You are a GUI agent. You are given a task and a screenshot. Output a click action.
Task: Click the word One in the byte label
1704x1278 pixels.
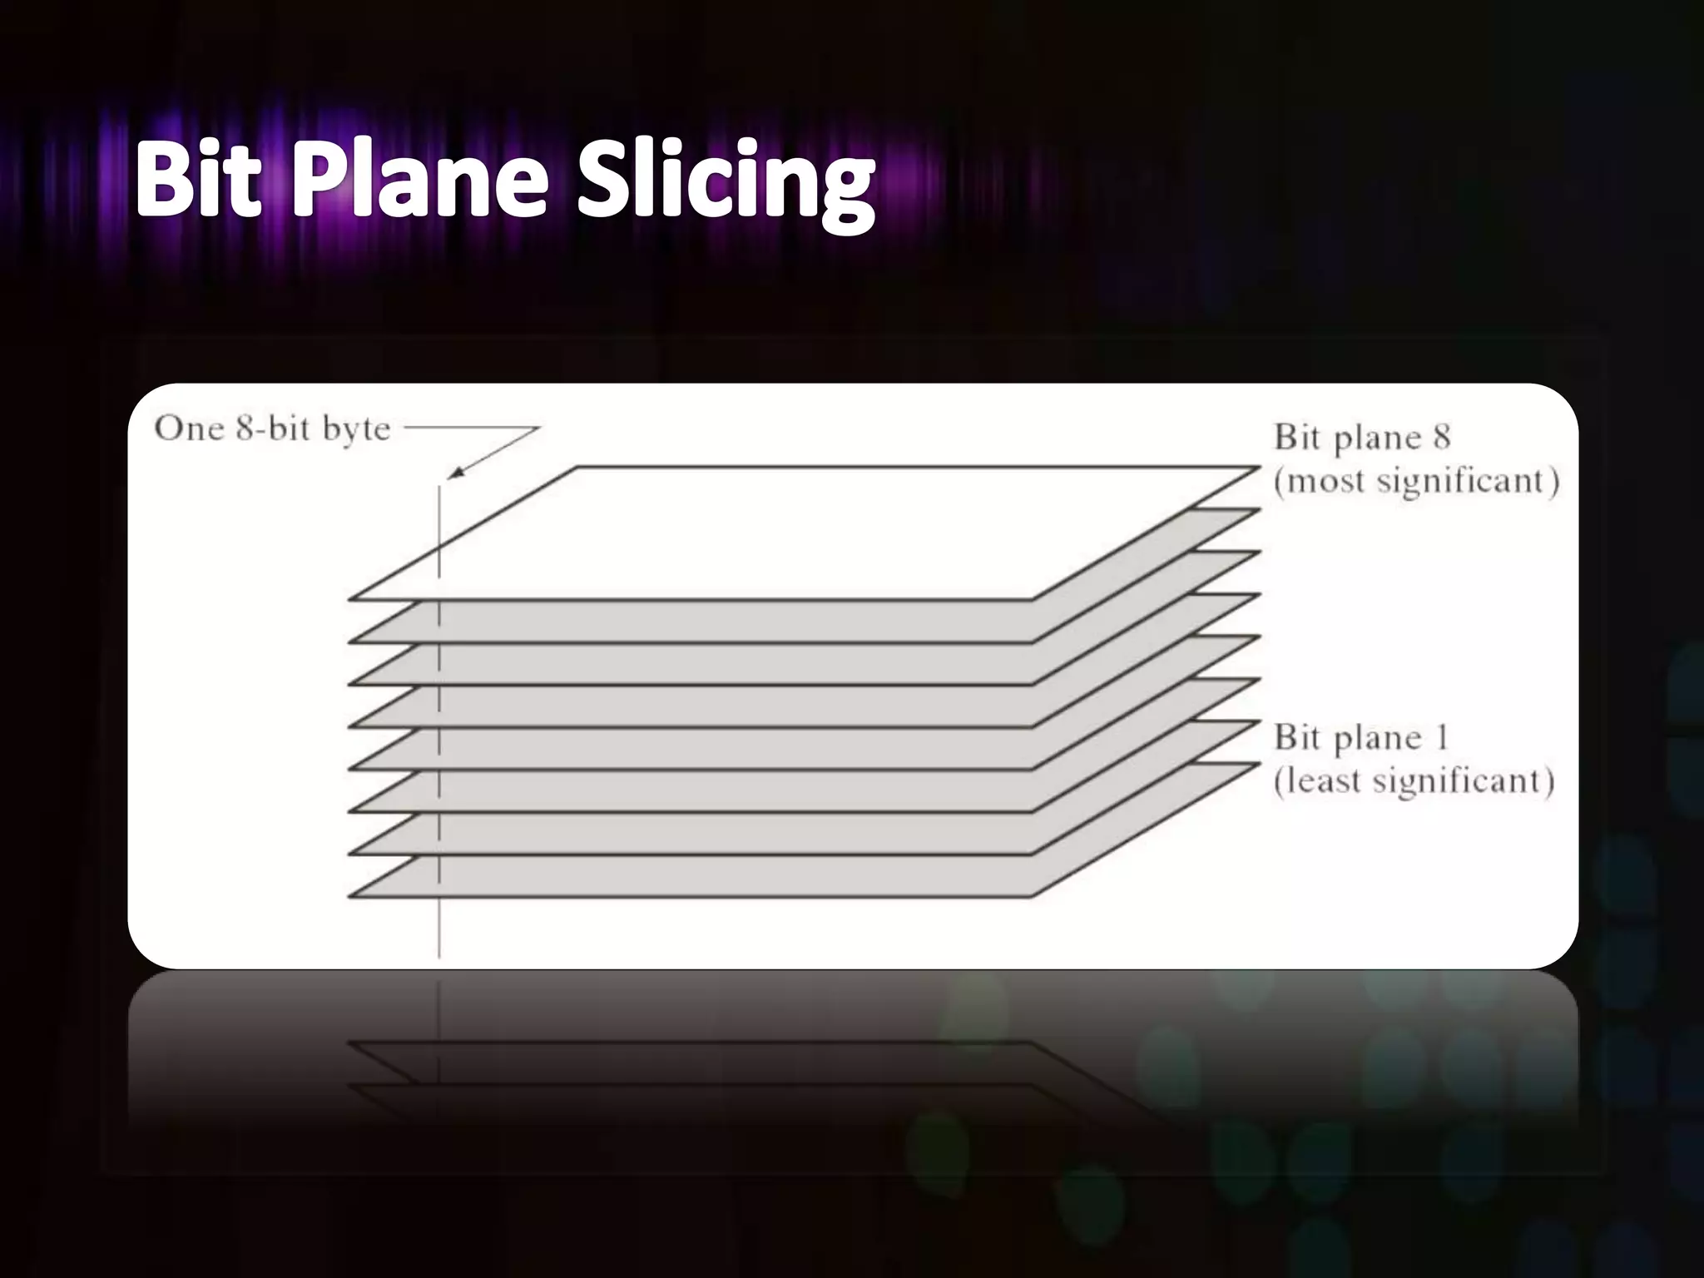pyautogui.click(x=190, y=428)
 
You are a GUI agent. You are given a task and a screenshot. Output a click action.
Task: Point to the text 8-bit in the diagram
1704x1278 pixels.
pyautogui.click(x=273, y=428)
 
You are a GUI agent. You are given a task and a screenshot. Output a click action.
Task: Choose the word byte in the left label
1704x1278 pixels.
pyautogui.click(x=356, y=430)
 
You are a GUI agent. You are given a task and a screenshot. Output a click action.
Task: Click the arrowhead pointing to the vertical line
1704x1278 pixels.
pyautogui.click(x=453, y=475)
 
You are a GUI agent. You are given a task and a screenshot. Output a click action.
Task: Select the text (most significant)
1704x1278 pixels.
pyautogui.click(x=1416, y=481)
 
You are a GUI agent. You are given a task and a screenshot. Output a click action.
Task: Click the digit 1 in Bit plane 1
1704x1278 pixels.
pyautogui.click(x=1441, y=737)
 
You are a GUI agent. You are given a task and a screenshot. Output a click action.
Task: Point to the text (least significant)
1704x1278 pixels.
pyautogui.click(x=1414, y=780)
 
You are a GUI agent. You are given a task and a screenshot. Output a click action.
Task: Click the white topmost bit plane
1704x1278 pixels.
pyautogui.click(x=799, y=532)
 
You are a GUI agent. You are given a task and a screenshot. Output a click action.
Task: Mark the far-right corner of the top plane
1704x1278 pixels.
pyautogui.click(x=1258, y=468)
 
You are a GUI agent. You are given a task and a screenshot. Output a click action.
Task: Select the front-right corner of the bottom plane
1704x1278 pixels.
pyautogui.click(x=1032, y=896)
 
